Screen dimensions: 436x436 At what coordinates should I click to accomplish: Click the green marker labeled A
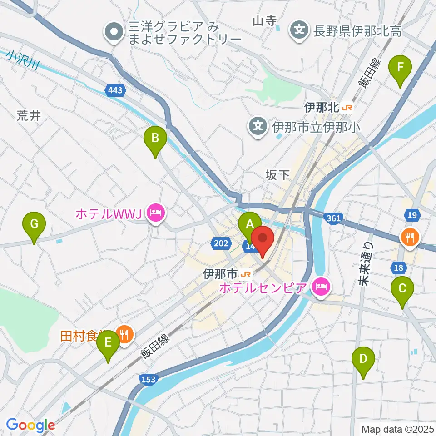pyautogui.click(x=249, y=223)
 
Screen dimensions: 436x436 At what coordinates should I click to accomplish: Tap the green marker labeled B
pyautogui.click(x=155, y=137)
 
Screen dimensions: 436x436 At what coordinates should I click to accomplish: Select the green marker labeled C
pyautogui.click(x=402, y=288)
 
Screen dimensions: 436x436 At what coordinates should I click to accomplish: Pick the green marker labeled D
pyautogui.click(x=363, y=358)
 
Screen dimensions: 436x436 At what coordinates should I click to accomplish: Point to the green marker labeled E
pyautogui.click(x=108, y=342)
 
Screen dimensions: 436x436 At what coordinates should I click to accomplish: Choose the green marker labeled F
pyautogui.click(x=400, y=67)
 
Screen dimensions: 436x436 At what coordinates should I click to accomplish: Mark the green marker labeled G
pyautogui.click(x=35, y=223)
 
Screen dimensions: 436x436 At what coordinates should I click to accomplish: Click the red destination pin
pyautogui.click(x=262, y=238)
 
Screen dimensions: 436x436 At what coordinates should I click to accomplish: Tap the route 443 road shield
pyautogui.click(x=115, y=91)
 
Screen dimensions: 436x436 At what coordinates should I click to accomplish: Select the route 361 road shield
pyautogui.click(x=333, y=219)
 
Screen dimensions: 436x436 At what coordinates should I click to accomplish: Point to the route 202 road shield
pyautogui.click(x=221, y=244)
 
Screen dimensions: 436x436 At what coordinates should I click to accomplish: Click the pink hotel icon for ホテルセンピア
pyautogui.click(x=321, y=287)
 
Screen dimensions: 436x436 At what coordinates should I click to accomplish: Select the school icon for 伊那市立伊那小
pyautogui.click(x=258, y=126)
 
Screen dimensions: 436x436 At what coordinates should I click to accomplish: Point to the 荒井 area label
pyautogui.click(x=29, y=116)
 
